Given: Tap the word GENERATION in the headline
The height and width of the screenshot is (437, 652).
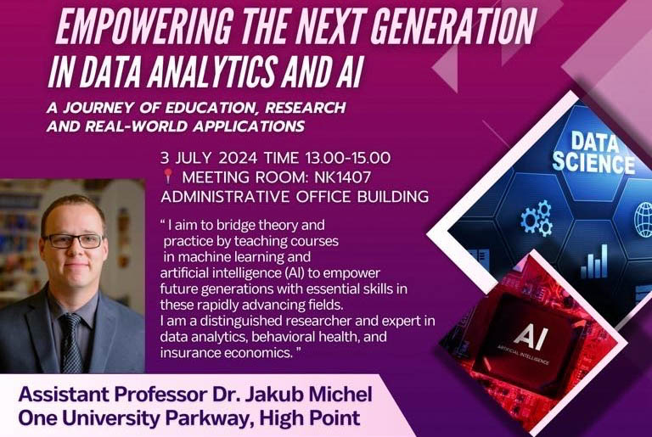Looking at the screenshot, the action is click(x=452, y=26).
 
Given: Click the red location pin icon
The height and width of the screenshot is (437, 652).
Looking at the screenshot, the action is click(x=167, y=176).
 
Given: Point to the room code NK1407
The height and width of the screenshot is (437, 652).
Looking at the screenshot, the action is click(x=342, y=177).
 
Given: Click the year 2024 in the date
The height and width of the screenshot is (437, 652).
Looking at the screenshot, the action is click(x=238, y=158).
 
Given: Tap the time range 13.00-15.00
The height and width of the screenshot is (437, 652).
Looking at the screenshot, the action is click(x=347, y=158).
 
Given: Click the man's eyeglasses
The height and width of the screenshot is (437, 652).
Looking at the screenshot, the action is click(x=74, y=240).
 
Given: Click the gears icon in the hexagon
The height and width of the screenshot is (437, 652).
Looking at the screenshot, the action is click(x=537, y=218).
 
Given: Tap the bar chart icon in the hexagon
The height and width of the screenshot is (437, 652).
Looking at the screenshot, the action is click(x=594, y=261).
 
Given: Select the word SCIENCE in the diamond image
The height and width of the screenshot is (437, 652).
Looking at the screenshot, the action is click(x=593, y=163).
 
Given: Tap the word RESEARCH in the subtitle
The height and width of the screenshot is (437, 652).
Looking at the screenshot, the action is click(x=306, y=107).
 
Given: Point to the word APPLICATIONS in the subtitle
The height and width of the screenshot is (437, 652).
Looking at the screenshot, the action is click(x=249, y=126).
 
